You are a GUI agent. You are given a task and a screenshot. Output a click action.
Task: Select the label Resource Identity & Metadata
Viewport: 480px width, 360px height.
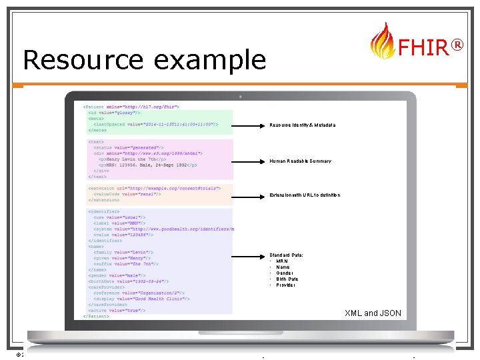[302, 125]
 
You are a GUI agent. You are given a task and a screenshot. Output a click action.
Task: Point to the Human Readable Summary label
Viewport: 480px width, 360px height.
[300, 161]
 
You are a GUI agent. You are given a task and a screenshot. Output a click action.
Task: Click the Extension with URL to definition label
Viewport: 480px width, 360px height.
[305, 195]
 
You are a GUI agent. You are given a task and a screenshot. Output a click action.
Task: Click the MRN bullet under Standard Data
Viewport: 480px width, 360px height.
[282, 261]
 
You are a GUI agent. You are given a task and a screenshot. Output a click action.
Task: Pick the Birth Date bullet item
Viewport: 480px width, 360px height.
[287, 279]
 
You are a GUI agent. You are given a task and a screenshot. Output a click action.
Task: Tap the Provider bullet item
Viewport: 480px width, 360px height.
[285, 285]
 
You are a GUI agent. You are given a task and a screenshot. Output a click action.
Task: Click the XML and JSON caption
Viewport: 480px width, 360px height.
[373, 313]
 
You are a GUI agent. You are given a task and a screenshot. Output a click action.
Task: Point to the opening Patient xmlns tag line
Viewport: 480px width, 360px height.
[131, 107]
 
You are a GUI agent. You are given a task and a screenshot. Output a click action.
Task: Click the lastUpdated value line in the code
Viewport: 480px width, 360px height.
[163, 124]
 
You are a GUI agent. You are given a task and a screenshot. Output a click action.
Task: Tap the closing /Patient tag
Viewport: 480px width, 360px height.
[97, 316]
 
